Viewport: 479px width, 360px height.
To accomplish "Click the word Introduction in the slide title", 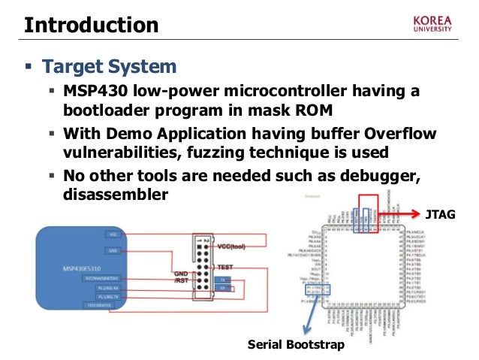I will click(91, 25).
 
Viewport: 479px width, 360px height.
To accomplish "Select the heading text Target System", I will click(110, 68).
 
